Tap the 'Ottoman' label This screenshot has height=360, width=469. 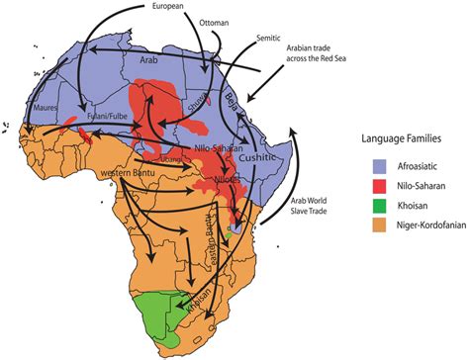[x=215, y=19]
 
